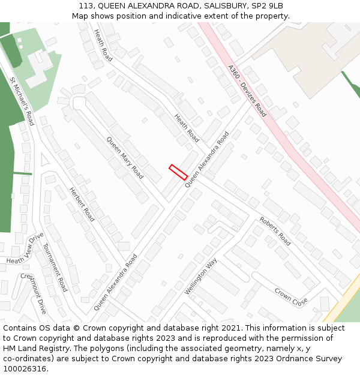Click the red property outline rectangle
point(178,172)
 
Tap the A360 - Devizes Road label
point(247,91)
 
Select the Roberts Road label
point(275,231)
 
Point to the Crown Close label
point(291,296)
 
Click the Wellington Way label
point(201,276)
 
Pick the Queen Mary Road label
point(125,158)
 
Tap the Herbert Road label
point(82,204)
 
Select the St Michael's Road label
point(22,101)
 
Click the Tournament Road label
point(55,271)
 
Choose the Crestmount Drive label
point(34,293)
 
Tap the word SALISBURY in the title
point(217,6)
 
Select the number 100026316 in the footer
point(23,368)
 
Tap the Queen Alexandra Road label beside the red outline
point(207,160)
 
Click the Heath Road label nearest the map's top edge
point(103,46)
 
